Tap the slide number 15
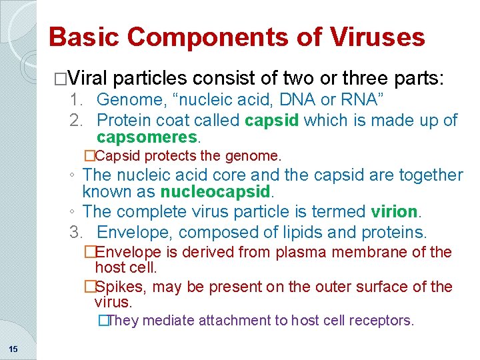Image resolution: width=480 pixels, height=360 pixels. (13, 349)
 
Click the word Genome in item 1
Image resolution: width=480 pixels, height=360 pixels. (123, 101)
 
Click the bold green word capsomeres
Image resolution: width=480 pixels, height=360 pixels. (147, 137)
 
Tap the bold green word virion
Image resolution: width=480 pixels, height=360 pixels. (394, 212)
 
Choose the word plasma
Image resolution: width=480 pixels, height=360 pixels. (314, 253)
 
